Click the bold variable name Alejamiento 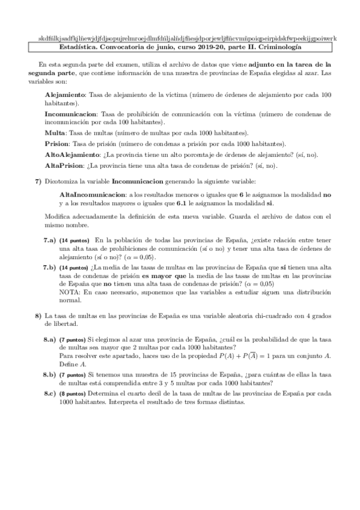coord(66,95)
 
